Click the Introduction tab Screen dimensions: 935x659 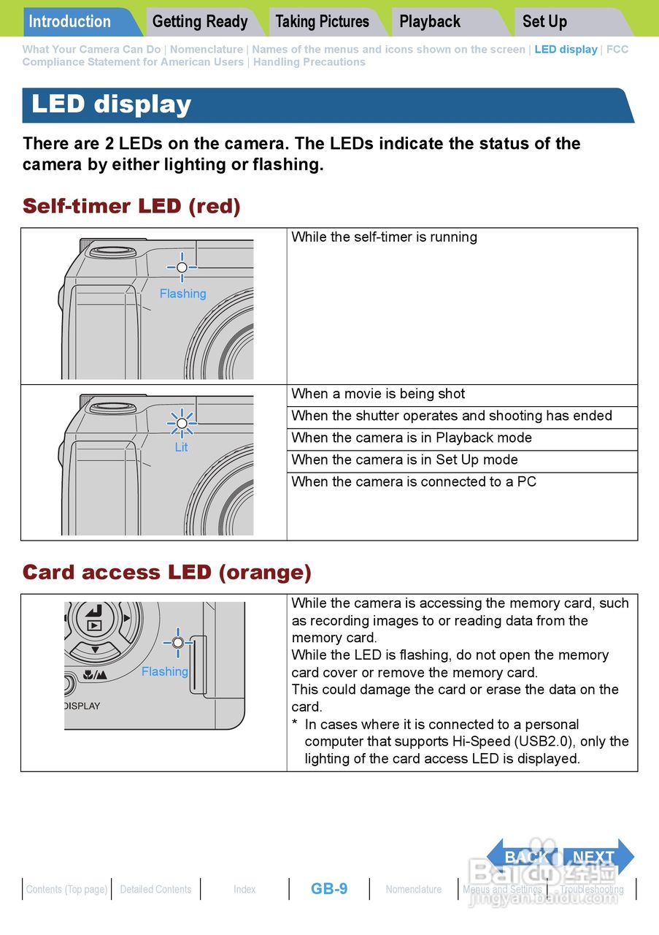pos(70,21)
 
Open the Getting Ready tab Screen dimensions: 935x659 pos(200,21)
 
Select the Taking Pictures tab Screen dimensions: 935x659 pos(322,21)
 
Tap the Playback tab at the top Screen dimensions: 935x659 pos(430,21)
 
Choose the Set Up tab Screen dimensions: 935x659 pos(544,21)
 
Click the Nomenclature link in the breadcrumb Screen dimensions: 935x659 pos(207,50)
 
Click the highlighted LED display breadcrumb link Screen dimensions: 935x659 pos(566,50)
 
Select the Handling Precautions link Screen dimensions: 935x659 pos(309,62)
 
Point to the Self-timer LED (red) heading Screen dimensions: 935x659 pos(131,206)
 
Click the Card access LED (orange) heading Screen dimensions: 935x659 pos(167,572)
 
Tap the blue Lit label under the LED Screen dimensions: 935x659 pos(181,447)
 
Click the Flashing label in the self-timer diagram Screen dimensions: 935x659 pos(182,294)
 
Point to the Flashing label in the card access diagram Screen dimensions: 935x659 pos(165,671)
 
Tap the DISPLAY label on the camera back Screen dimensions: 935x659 pos(82,706)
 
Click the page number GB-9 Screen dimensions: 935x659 pos(329,889)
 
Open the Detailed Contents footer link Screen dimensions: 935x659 pos(155,890)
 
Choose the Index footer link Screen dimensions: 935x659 pos(244,890)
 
